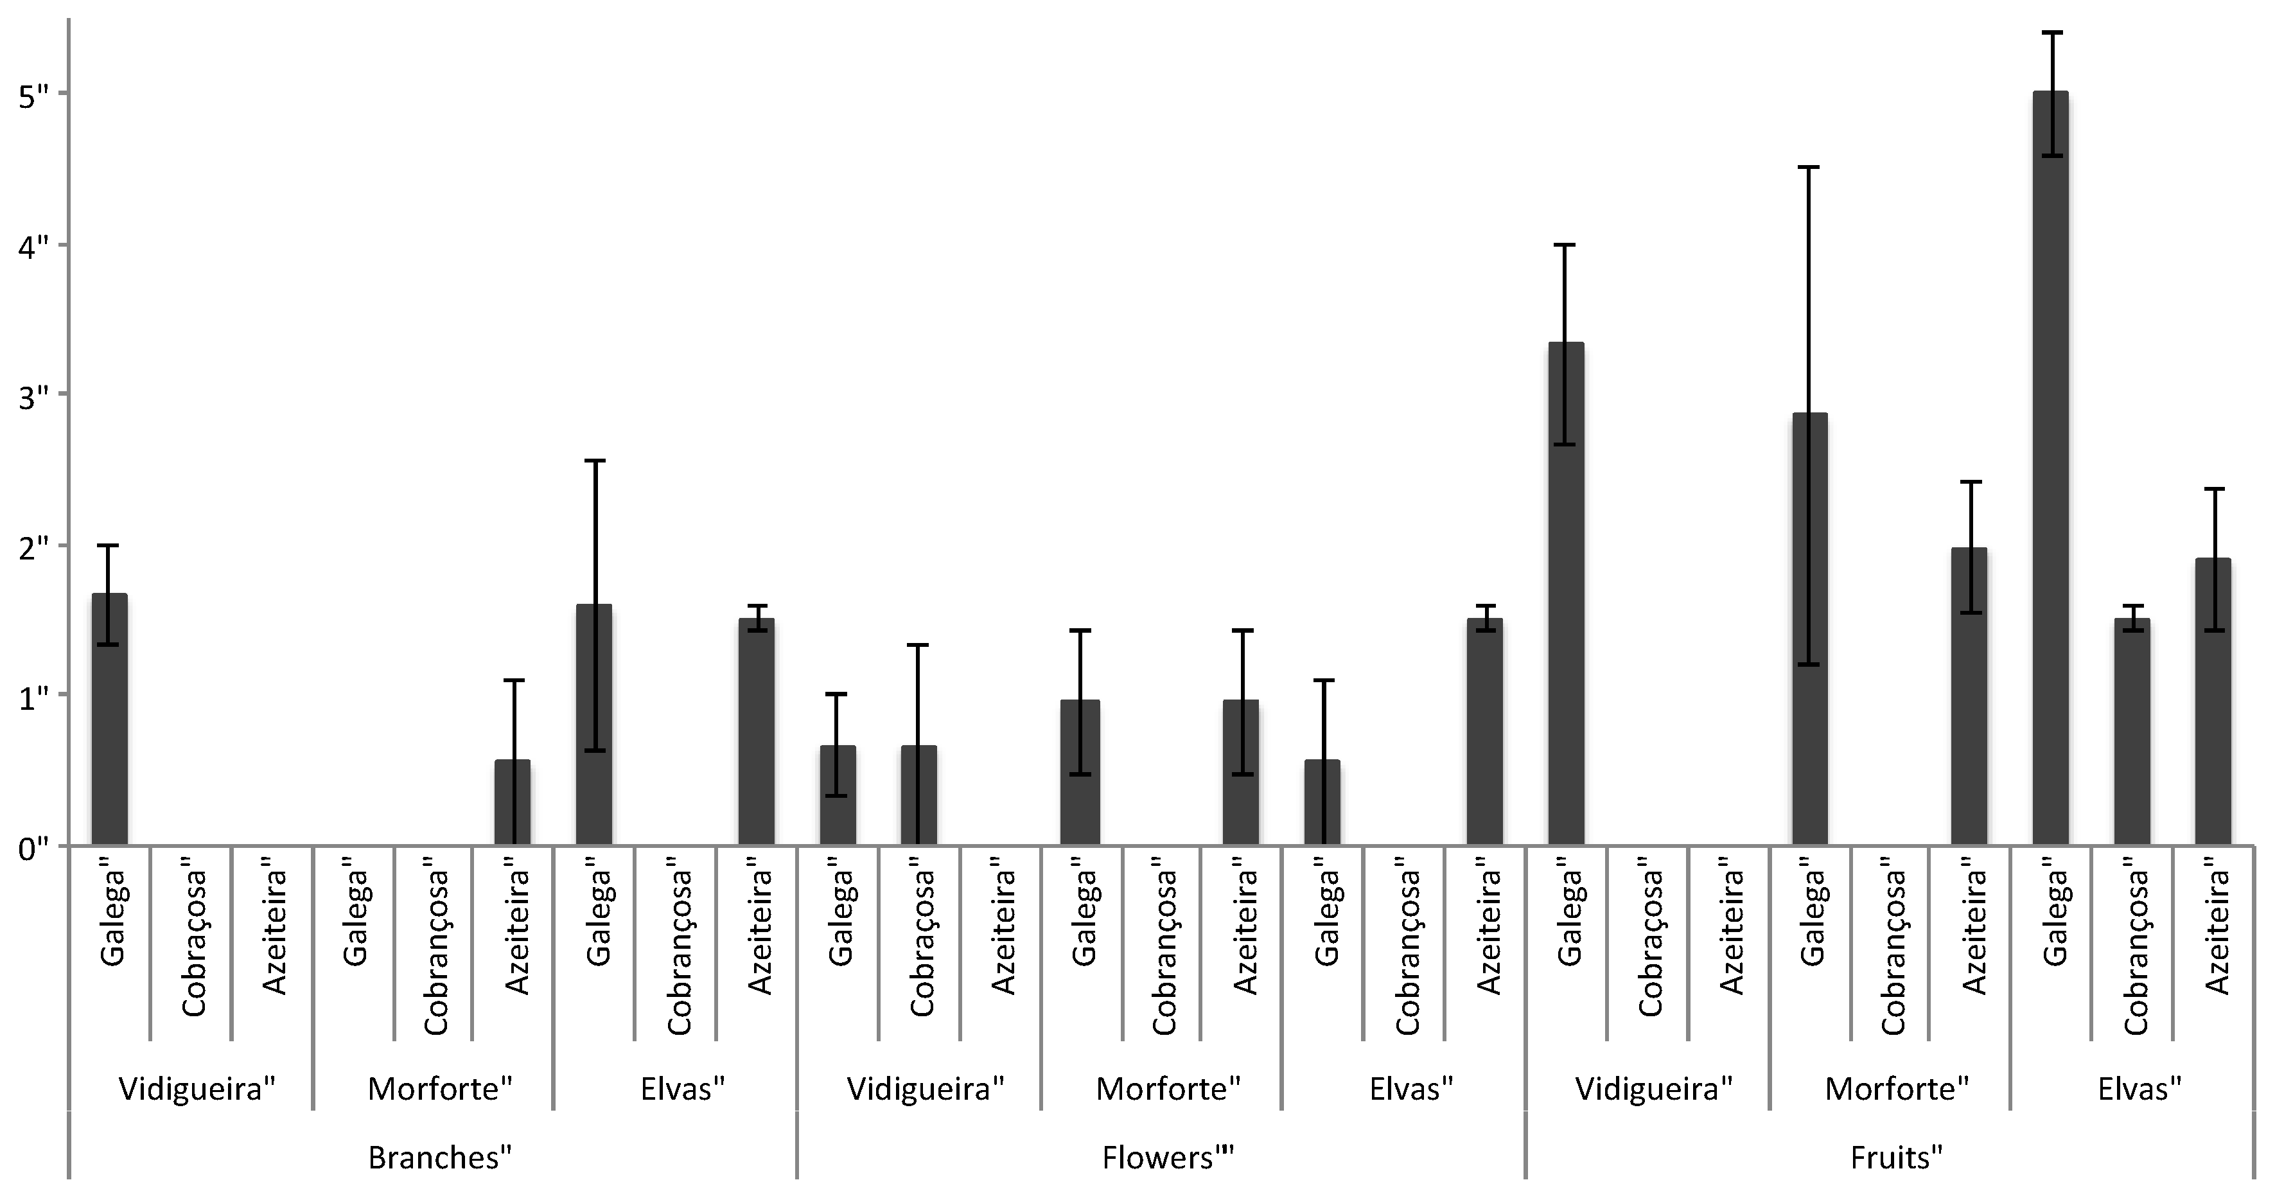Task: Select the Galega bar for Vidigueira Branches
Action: (x=109, y=719)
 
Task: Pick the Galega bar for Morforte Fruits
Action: (x=1809, y=629)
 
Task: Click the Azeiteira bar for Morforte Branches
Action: (x=513, y=802)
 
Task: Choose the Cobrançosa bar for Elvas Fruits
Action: (x=2131, y=732)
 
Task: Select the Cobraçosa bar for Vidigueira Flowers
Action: (x=918, y=795)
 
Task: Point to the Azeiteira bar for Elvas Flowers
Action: (x=1484, y=732)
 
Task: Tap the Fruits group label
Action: (x=1896, y=1158)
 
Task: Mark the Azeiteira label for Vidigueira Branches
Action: (x=276, y=932)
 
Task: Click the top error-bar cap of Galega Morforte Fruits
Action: (x=1809, y=167)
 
